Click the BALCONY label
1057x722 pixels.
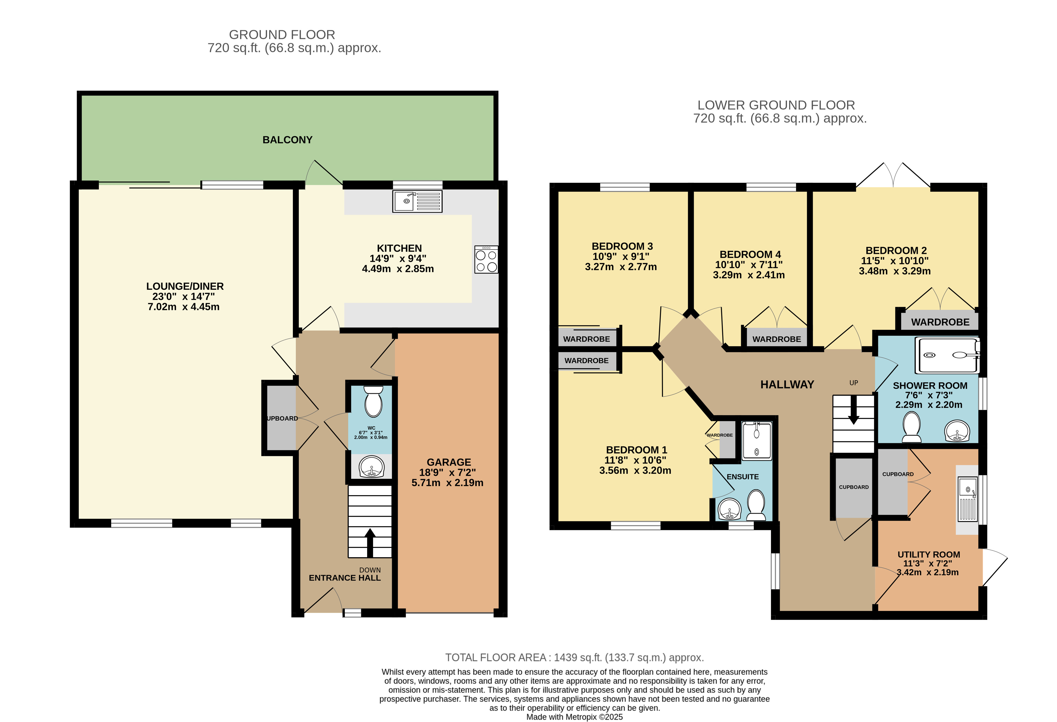pyautogui.click(x=287, y=140)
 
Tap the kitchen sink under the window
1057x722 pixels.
pyautogui.click(x=417, y=202)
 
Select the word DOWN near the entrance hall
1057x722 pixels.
pyautogui.click(x=370, y=570)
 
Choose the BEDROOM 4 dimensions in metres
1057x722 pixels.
pyautogui.click(x=749, y=275)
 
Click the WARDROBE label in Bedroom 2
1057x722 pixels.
pyautogui.click(x=940, y=322)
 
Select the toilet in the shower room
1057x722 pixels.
pyautogui.click(x=912, y=427)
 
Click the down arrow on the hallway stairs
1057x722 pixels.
pyautogui.click(x=853, y=409)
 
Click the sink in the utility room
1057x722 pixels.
pyautogui.click(x=968, y=499)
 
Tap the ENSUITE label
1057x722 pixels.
pyautogui.click(x=742, y=477)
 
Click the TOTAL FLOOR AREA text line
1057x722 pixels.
pyautogui.click(x=574, y=658)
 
